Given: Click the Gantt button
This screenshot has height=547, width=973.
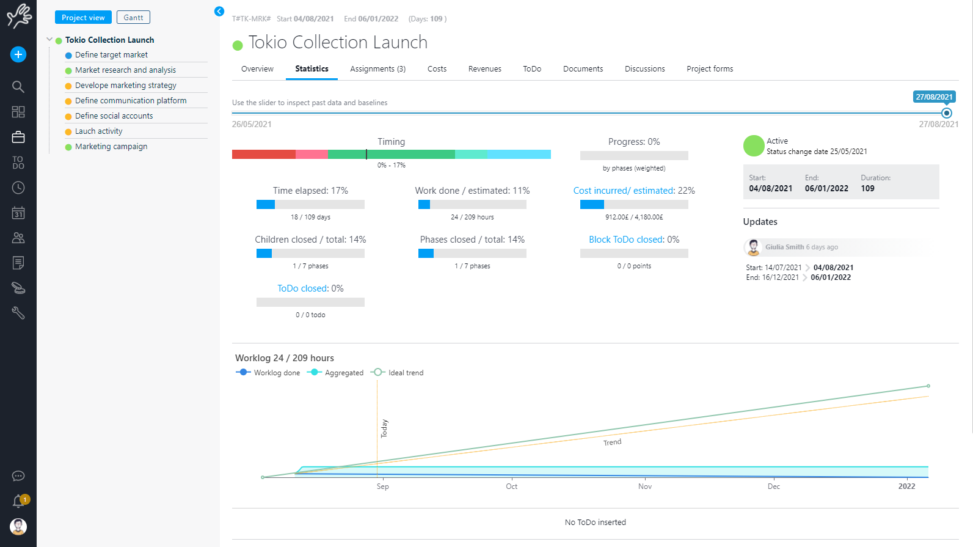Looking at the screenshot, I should click(133, 18).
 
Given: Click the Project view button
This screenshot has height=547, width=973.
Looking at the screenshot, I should click(83, 18).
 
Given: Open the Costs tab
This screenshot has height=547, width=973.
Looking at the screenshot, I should click(437, 69).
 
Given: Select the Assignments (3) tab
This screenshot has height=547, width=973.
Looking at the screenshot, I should click(377, 69).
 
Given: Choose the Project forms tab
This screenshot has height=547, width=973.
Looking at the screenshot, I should click(710, 69).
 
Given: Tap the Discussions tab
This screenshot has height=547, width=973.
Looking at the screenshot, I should click(644, 69).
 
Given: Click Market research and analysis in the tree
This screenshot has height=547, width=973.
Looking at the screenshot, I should click(125, 70).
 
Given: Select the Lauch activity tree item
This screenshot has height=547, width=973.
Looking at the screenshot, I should click(98, 131).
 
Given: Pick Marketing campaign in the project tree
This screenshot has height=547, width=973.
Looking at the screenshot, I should click(111, 147).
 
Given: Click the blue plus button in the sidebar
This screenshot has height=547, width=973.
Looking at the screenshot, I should click(18, 54).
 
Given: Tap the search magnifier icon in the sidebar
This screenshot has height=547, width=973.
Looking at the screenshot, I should click(18, 87).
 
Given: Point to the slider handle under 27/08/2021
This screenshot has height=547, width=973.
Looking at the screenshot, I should click(947, 113).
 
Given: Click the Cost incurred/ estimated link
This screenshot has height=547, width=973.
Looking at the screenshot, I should click(624, 191).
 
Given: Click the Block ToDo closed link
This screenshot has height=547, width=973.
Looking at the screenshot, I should click(626, 240).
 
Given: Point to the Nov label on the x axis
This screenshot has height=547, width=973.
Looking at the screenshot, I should click(645, 486).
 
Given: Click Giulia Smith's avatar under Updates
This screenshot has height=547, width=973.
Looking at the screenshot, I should click(753, 248).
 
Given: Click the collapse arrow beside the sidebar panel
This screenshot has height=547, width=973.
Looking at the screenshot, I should click(219, 12).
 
